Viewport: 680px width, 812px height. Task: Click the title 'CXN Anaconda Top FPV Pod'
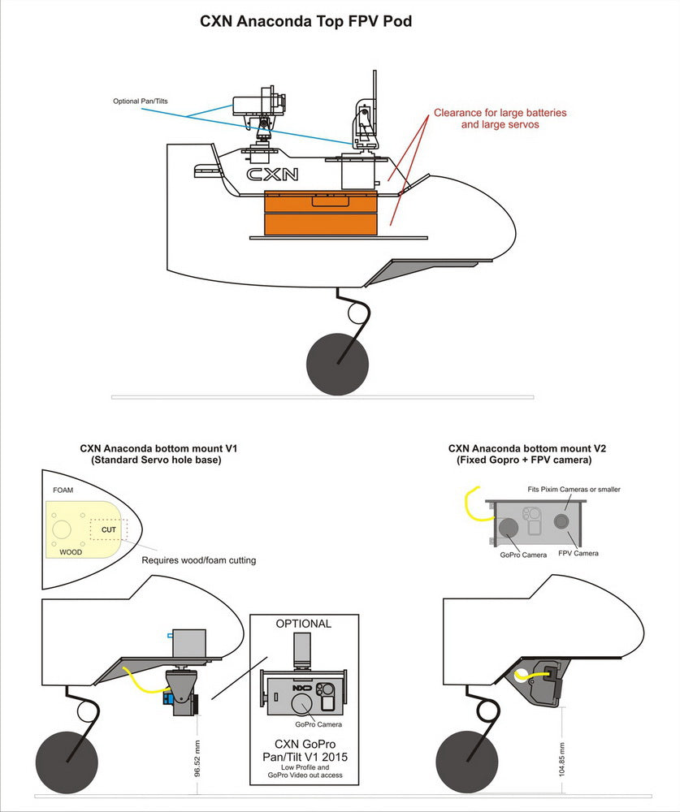305,22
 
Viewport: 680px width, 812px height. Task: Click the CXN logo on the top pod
272,174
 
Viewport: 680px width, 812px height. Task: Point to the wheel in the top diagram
337,365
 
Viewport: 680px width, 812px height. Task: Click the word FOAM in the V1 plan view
63,491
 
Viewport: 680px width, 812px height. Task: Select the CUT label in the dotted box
109,529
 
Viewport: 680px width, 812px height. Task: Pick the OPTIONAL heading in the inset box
304,624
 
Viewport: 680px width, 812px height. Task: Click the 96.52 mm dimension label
197,757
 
